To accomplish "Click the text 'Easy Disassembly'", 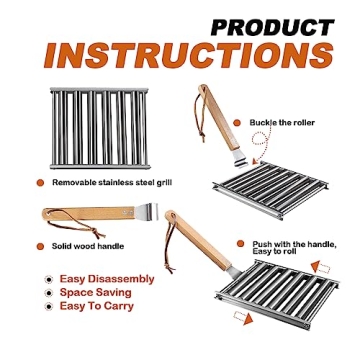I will coord(108,279).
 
